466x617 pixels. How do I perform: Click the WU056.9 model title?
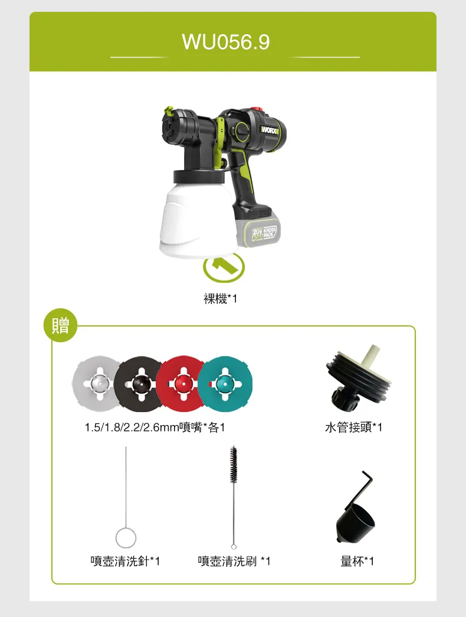226,43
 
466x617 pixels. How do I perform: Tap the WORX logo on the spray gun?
269,128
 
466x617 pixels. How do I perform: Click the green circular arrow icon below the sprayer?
224,267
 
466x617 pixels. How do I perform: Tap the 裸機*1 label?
220,299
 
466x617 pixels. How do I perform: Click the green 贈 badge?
60,325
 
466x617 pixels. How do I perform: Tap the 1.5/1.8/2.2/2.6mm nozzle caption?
155,427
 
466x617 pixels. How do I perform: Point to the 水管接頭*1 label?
353,427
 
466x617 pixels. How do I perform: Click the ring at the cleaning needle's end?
126,538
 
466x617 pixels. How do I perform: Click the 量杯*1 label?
357,561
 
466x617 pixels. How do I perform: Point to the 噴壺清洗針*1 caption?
125,561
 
